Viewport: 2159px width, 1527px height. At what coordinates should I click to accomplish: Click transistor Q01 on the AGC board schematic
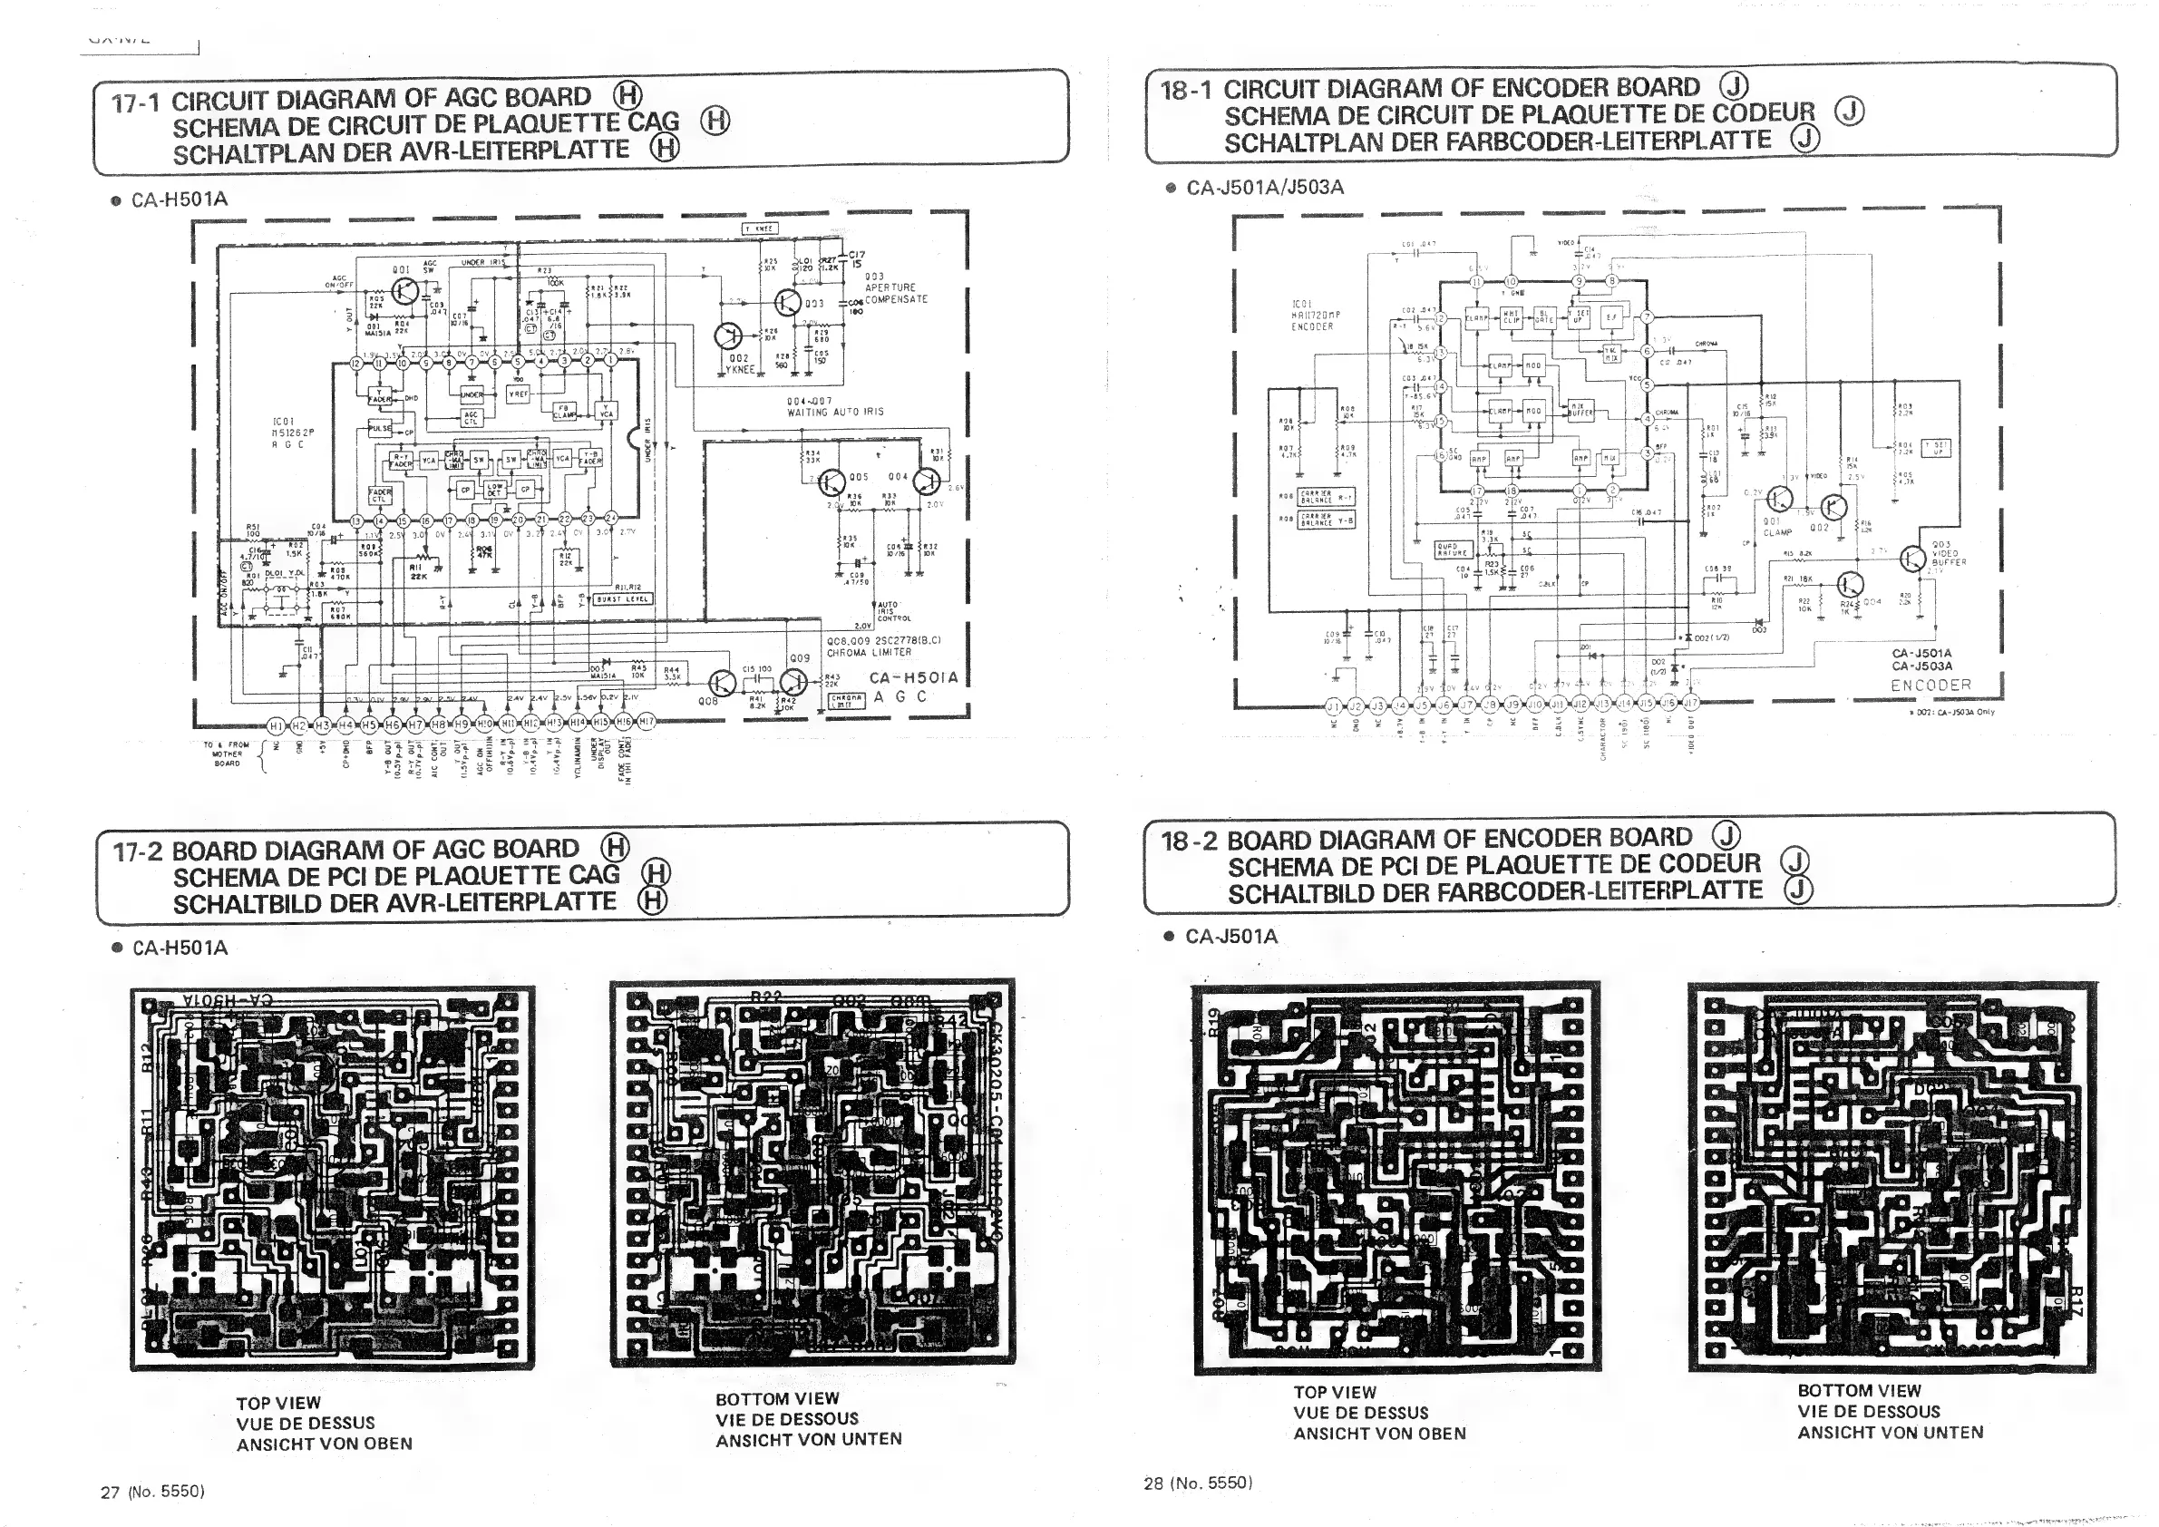coord(405,291)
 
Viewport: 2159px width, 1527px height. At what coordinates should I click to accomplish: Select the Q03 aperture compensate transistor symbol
coord(788,302)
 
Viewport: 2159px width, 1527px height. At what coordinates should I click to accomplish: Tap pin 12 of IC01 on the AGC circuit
coord(355,362)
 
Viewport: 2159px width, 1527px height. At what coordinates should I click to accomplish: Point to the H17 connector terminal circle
coord(646,722)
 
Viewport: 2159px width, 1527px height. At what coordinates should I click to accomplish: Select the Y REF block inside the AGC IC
coord(518,395)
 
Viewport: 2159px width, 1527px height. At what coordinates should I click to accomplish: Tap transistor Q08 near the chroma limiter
coord(721,684)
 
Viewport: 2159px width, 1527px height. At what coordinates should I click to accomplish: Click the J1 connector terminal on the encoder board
coord(1333,706)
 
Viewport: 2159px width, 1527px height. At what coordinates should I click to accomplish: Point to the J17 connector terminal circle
coord(1691,703)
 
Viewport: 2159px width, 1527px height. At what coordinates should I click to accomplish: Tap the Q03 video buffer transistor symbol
coord(1911,559)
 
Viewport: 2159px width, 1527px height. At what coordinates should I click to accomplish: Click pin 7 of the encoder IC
coord(1647,316)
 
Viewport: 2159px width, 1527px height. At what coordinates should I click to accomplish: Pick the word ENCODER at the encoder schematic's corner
coord(1930,686)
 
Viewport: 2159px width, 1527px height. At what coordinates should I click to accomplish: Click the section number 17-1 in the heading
coord(135,102)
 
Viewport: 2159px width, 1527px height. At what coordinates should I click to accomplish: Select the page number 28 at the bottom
coord(1153,1483)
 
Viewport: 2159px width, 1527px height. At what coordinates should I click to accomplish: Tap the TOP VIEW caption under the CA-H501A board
coord(278,1403)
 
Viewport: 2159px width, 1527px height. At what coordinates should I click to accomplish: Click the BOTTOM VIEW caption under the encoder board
coord(1859,1391)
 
